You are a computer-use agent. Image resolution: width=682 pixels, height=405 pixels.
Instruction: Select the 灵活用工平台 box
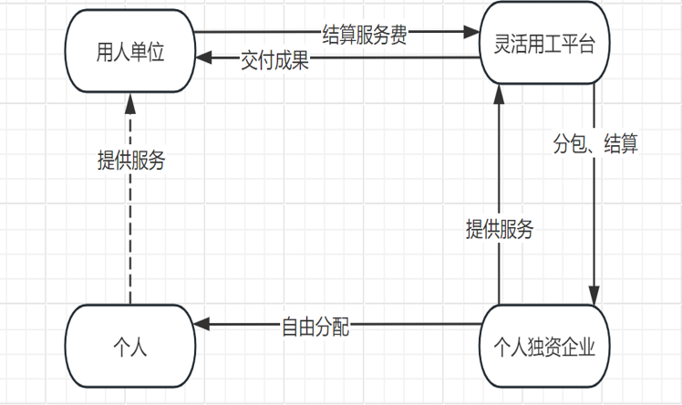(544, 45)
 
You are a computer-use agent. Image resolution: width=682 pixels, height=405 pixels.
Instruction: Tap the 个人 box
(129, 348)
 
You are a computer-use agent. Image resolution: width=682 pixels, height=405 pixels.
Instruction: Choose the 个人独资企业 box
(544, 348)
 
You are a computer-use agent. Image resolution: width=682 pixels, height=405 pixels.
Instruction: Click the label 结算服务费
(365, 34)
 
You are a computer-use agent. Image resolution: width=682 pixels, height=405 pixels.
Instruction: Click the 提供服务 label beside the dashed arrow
(131, 159)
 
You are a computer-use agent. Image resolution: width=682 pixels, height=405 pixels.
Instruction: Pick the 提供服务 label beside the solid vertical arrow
(499, 229)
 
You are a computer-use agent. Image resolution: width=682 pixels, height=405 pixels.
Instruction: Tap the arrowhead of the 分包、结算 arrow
(594, 298)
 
